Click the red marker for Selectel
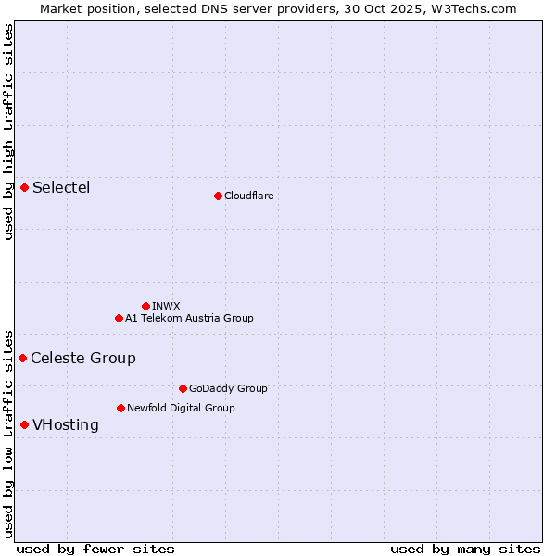click(x=25, y=187)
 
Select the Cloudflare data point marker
click(x=218, y=196)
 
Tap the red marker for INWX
click(x=145, y=306)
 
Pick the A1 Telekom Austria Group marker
click(x=119, y=318)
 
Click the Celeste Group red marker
click(x=23, y=358)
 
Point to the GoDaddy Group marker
click(x=183, y=388)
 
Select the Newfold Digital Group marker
click(x=120, y=408)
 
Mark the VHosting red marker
click(x=25, y=424)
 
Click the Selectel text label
click(x=61, y=188)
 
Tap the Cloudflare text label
click(x=248, y=196)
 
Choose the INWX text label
click(x=166, y=306)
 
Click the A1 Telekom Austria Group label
click(x=189, y=318)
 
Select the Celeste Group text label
click(x=83, y=359)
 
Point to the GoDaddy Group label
click(x=228, y=388)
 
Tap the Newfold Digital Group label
click(x=181, y=408)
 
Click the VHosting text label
click(x=66, y=425)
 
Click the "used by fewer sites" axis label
click(x=95, y=549)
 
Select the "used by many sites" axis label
click(x=465, y=549)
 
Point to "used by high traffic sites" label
click(x=8, y=132)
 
